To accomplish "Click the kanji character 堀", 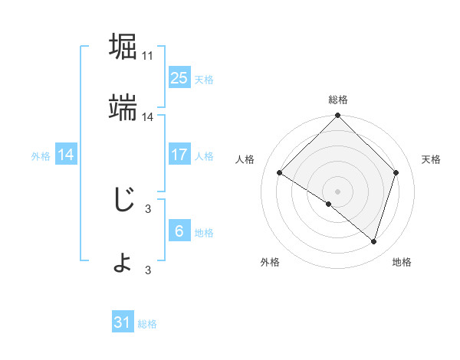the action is click(123, 46).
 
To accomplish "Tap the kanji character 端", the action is click(123, 108).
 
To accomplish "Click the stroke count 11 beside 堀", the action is click(148, 56).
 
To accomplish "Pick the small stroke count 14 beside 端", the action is click(148, 117).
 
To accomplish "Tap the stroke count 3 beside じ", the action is click(148, 208).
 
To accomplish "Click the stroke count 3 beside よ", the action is click(148, 270).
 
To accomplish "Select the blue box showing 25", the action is click(179, 77).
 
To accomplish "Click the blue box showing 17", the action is click(179, 155).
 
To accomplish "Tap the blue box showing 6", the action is click(179, 231).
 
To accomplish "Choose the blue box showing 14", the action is click(66, 155).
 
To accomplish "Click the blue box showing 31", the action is click(123, 322).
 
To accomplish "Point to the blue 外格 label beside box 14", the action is click(41, 156).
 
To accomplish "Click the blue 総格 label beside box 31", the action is click(147, 324).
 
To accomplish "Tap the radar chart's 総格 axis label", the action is click(338, 100).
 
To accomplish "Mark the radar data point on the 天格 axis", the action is click(396, 172).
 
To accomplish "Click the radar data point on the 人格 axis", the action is click(280, 173).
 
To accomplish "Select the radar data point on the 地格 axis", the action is click(373, 241).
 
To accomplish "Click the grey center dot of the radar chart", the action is click(338, 191).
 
